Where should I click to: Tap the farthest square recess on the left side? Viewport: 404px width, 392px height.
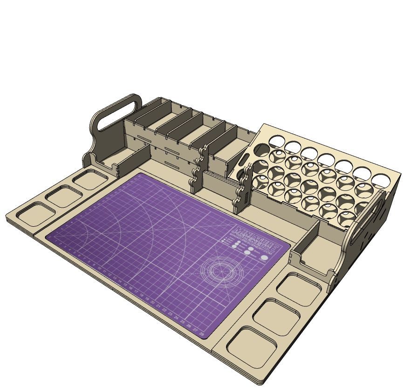click(x=89, y=179)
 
